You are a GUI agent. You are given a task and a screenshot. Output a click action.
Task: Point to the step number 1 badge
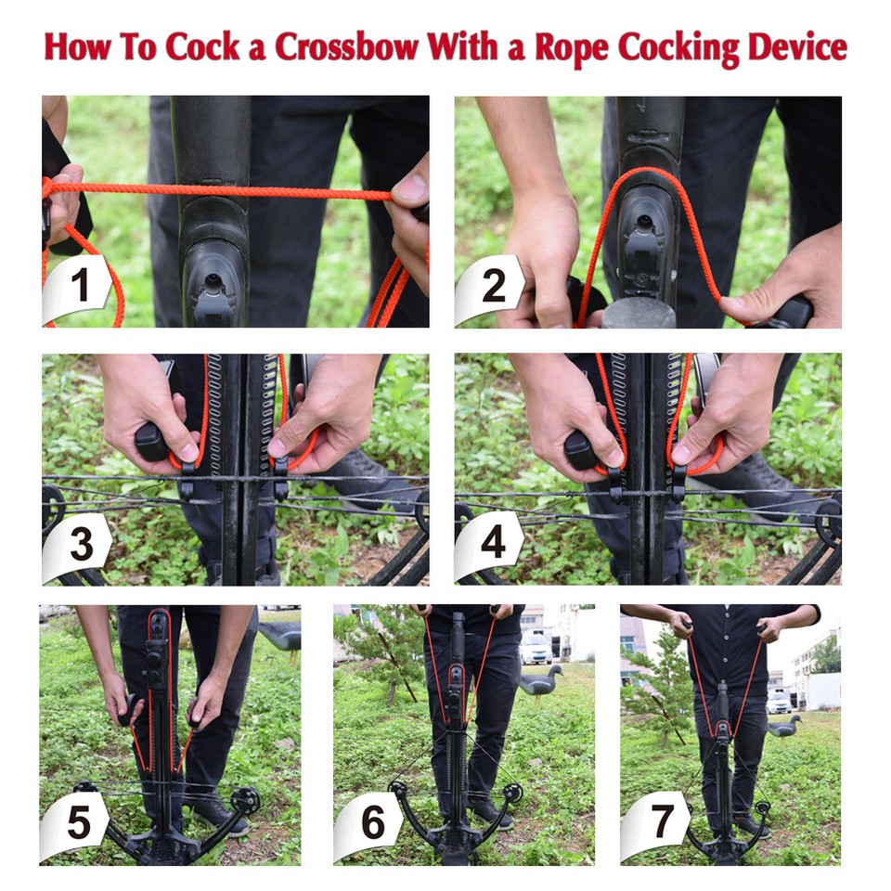[x=80, y=287]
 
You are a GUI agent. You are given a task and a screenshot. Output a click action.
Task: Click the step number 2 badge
[x=492, y=287]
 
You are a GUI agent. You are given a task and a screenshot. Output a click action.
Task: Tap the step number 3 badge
[x=80, y=545]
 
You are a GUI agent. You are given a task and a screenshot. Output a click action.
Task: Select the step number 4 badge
[x=492, y=545]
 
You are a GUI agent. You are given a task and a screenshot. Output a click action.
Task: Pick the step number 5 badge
[x=78, y=823]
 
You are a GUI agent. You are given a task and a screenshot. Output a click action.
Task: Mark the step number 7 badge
[x=661, y=823]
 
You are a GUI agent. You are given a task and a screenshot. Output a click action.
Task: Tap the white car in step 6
[x=536, y=649]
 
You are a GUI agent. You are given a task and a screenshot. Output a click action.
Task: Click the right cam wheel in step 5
[x=246, y=800]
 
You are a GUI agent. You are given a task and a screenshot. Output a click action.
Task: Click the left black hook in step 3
[x=187, y=482]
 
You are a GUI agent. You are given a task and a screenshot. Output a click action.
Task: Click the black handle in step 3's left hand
[x=151, y=442]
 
